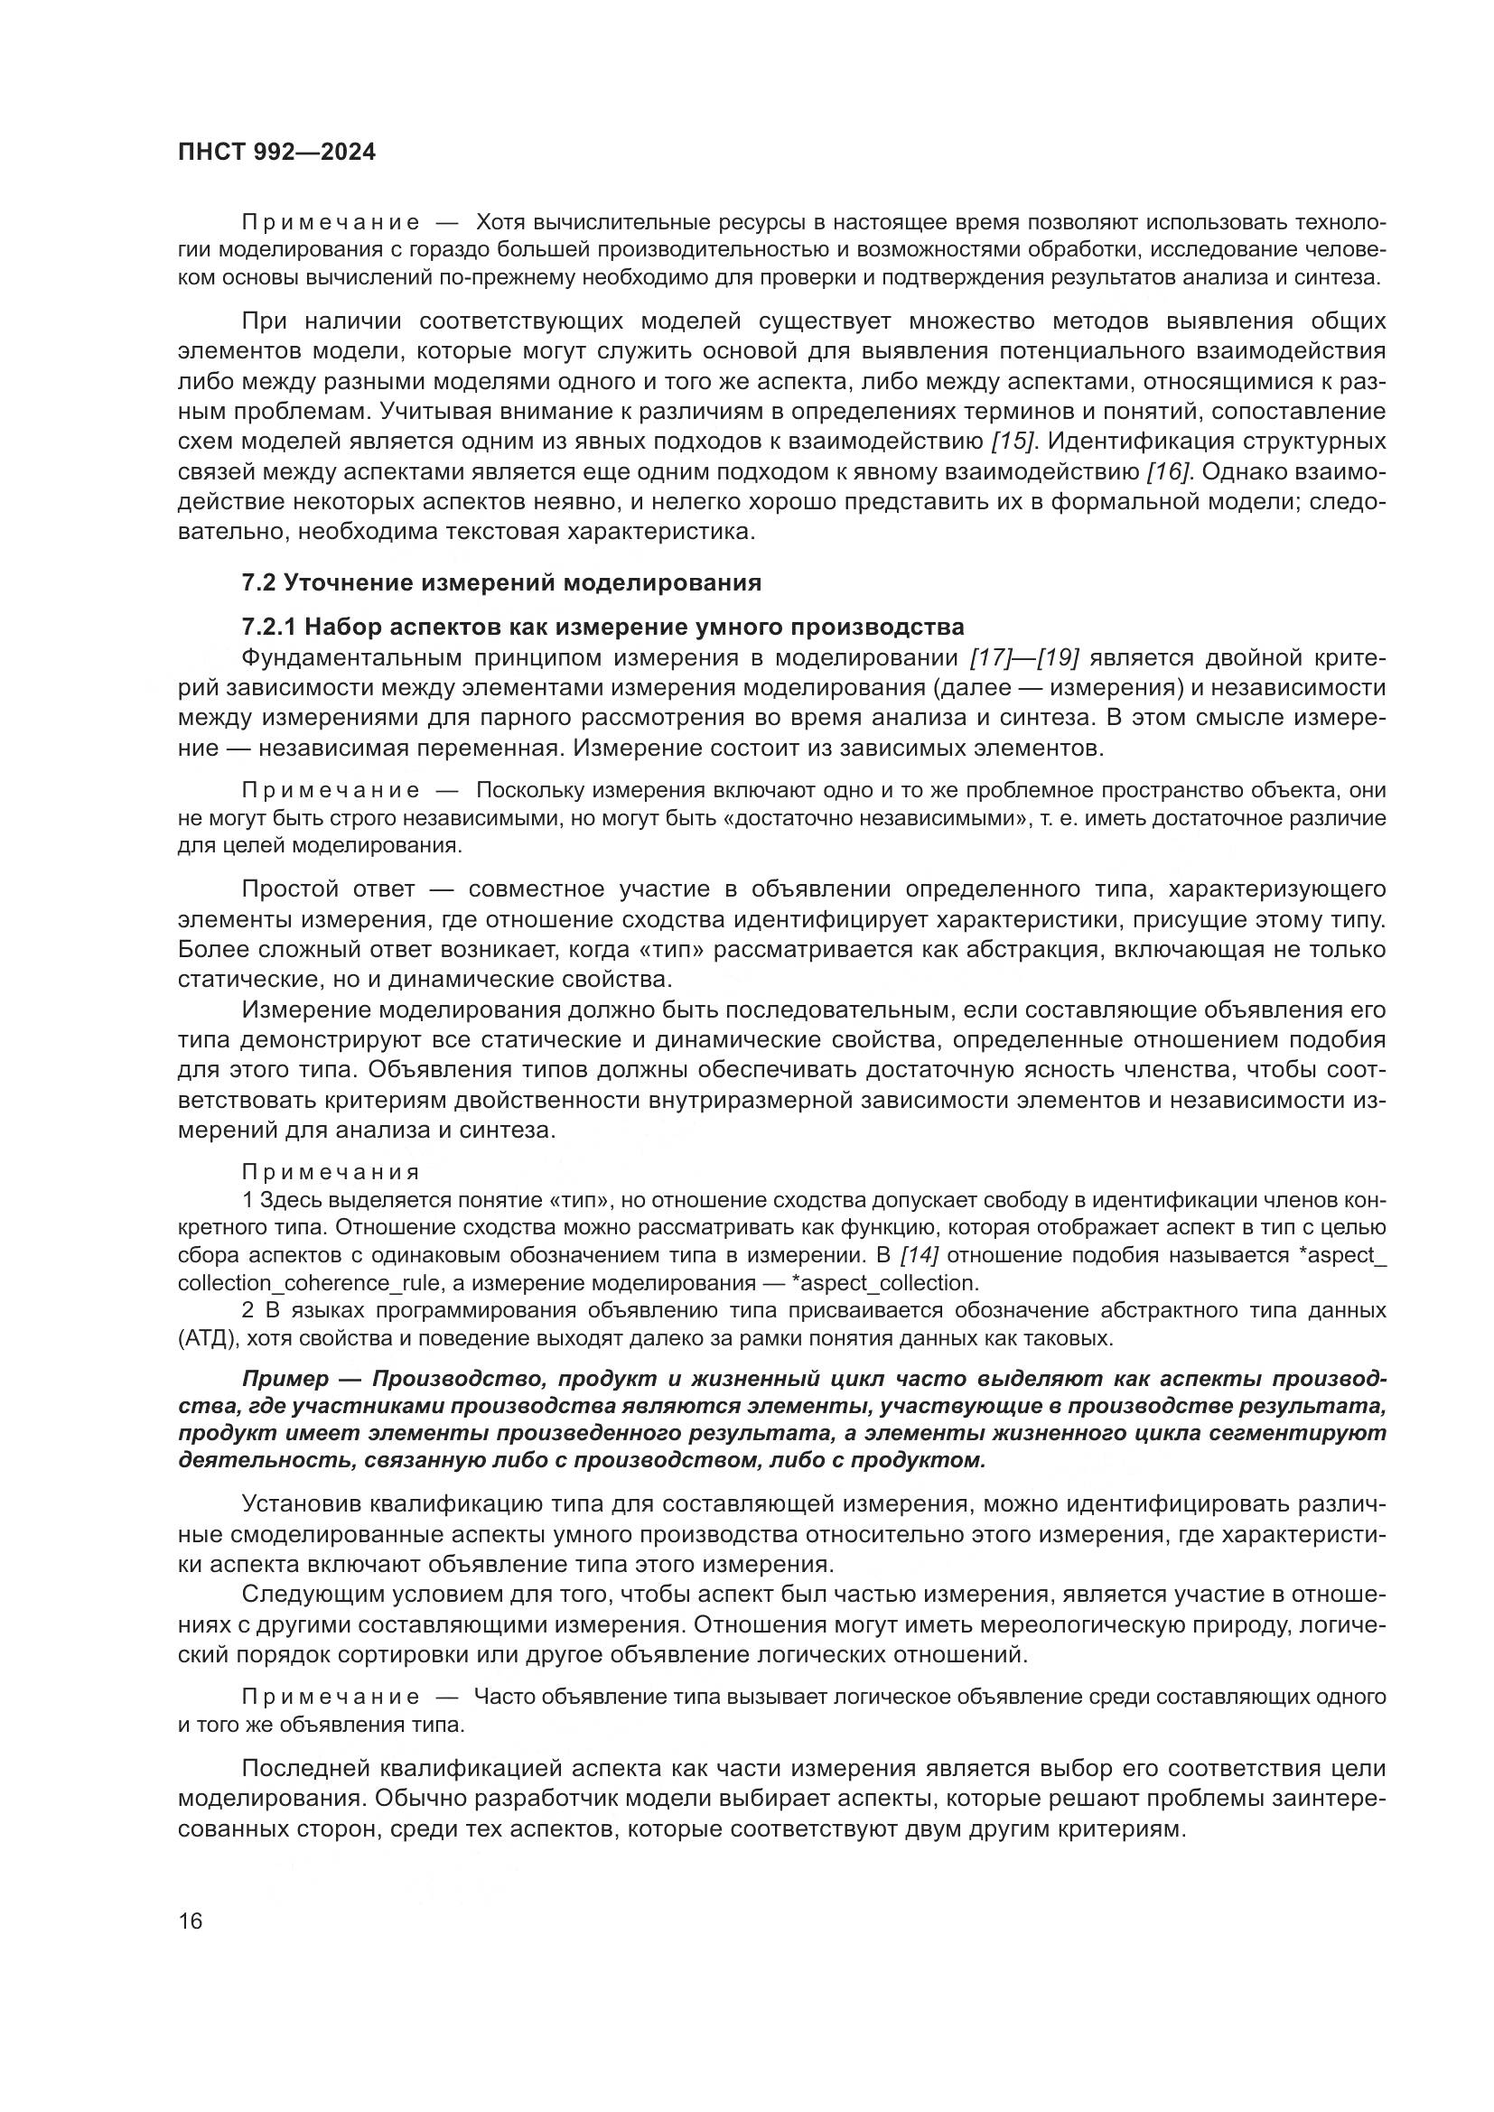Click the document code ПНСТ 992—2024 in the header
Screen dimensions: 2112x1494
(x=277, y=153)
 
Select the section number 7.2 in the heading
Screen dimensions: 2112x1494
(x=259, y=582)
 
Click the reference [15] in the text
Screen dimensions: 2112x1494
(x=1013, y=442)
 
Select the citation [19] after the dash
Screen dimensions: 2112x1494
(x=1055, y=657)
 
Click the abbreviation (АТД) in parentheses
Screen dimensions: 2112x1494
(x=209, y=1338)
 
